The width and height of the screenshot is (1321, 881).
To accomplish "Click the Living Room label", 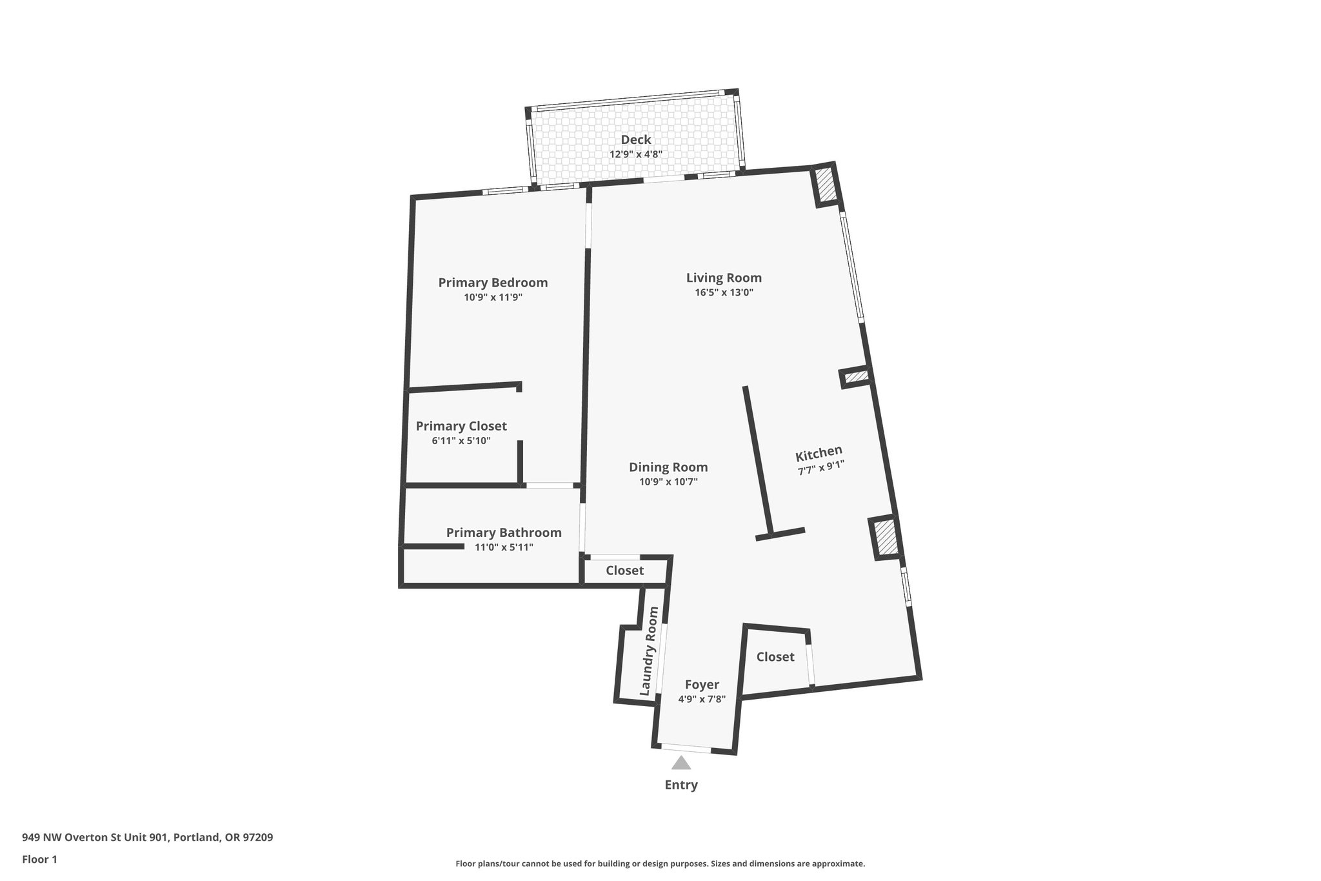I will pos(724,278).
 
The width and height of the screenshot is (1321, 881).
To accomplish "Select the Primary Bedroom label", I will pos(493,283).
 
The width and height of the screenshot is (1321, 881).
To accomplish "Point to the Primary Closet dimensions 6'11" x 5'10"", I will pos(461,441).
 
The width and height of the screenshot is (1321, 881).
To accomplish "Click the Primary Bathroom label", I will pos(504,533).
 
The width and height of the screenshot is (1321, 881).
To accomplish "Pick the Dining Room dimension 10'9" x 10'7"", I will pos(668,482).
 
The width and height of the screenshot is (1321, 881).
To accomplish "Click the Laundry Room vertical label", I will pos(649,651).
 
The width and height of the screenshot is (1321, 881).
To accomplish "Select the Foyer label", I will pos(702,685).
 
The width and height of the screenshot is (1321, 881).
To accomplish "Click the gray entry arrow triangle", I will pos(681,764).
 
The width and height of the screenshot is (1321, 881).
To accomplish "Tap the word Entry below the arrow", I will pos(681,785).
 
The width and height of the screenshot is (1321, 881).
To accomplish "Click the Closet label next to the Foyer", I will pos(775,657).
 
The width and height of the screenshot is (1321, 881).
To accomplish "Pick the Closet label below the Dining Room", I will pos(624,571).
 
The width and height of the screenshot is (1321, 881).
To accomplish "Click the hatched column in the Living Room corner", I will pos(825,185).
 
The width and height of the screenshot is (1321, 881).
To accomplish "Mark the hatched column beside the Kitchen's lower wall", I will pos(884,538).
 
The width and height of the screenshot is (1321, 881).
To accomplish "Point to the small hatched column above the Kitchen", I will pos(856,377).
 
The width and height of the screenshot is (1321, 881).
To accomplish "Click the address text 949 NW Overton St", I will pos(147,838).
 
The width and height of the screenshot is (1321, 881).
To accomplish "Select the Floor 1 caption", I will pos(39,860).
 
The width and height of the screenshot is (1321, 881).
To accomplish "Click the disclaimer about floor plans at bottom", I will pos(660,864).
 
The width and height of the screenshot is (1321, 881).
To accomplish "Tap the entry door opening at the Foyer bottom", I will pos(686,748).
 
